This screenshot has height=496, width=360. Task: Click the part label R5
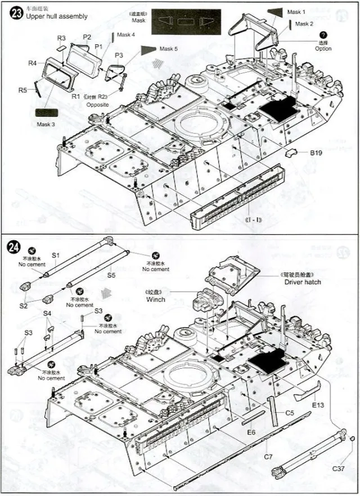[x=22, y=90]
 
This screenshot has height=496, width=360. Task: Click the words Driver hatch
[x=302, y=281]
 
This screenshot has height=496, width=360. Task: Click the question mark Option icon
[x=323, y=35]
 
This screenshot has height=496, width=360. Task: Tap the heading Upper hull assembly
[x=56, y=16]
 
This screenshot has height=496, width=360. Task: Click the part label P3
[x=119, y=55]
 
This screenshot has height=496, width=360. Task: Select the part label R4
[x=33, y=63]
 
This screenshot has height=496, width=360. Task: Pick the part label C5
[x=289, y=413]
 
